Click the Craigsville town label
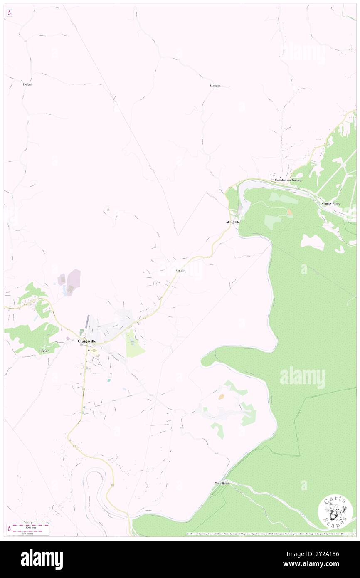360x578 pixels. tap(87, 341)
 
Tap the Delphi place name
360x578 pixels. tap(27, 84)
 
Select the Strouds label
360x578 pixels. tap(215, 86)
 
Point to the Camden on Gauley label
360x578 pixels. tap(288, 180)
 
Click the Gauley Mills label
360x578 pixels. tap(331, 204)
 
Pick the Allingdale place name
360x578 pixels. tap(233, 222)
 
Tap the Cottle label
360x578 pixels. tap(180, 271)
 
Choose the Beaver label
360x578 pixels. tap(44, 351)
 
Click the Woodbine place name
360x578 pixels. tap(222, 484)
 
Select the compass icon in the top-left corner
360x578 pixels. tap(9, 13)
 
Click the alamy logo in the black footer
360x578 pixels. tap(42, 559)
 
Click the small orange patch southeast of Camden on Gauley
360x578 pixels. tap(290, 212)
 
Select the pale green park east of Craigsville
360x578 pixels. tap(135, 345)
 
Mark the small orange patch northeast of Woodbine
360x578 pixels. tap(222, 397)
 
